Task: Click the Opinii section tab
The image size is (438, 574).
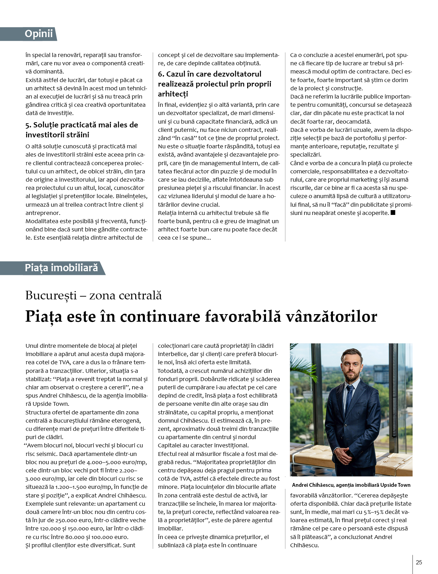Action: (38, 34)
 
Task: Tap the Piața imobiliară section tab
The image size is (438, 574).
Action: (61, 268)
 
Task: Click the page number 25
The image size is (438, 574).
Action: (419, 562)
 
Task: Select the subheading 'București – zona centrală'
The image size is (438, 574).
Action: (93, 295)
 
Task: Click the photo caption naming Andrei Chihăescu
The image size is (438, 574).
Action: (351, 485)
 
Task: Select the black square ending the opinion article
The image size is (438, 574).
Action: (393, 213)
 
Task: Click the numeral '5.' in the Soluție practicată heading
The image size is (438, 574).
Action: (28, 125)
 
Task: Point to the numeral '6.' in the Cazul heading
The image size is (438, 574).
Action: (161, 74)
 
